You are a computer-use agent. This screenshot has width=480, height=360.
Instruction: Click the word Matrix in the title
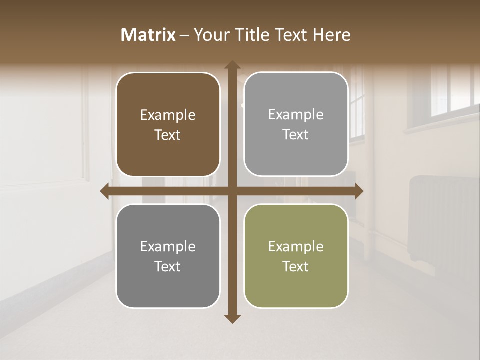[148, 35]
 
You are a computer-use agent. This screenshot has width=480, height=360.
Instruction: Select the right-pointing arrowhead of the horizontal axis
[358, 191]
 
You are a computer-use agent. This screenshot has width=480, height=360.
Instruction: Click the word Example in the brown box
[168, 115]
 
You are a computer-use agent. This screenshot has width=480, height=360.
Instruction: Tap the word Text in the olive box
[296, 266]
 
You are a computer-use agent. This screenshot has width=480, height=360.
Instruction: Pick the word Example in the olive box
[296, 246]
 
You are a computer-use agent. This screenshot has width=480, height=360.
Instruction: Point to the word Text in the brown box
[168, 135]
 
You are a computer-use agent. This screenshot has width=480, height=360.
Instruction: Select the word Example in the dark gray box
[168, 246]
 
